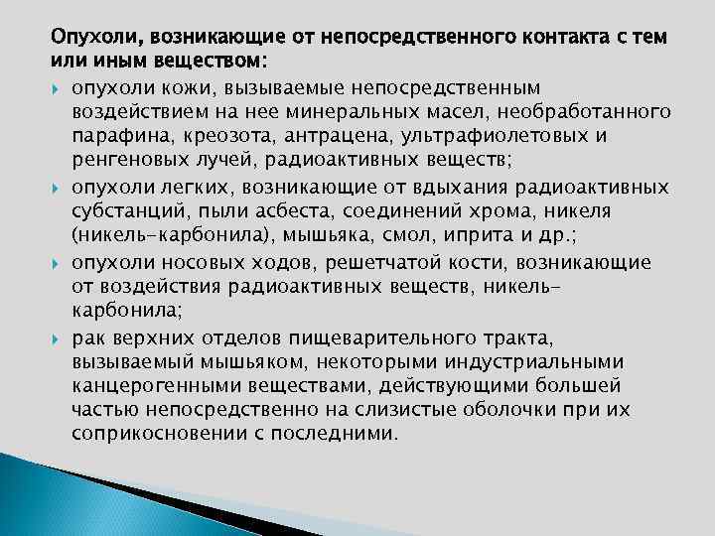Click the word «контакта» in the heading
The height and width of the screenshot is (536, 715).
[561, 38]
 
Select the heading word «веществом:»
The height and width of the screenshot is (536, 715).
[189, 63]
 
